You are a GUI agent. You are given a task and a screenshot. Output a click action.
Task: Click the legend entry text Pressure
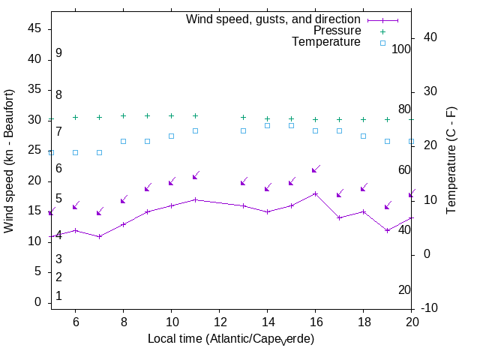pyautogui.click(x=337, y=31)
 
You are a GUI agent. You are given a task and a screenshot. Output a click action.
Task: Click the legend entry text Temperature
pyautogui.click(x=326, y=42)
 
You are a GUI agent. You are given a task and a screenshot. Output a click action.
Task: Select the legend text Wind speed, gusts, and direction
pyautogui.click(x=273, y=19)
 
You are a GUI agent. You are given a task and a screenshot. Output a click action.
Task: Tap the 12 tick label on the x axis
pyautogui.click(x=219, y=321)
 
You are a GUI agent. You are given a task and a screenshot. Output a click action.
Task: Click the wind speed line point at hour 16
pyautogui.click(x=316, y=193)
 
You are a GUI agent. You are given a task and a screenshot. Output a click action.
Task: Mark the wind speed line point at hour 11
pyautogui.click(x=196, y=199)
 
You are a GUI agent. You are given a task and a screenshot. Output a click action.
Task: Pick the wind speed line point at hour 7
pyautogui.click(x=100, y=236)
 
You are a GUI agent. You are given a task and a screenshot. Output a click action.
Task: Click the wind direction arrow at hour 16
pyautogui.click(x=316, y=169)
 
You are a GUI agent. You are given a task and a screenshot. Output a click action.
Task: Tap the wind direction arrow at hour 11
pyautogui.click(x=196, y=176)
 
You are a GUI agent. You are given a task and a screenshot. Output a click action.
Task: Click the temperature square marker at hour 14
pyautogui.click(x=268, y=125)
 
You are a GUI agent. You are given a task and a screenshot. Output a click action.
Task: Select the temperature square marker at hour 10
pyautogui.click(x=172, y=136)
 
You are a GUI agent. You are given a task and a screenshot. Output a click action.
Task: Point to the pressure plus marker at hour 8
pyautogui.click(x=124, y=116)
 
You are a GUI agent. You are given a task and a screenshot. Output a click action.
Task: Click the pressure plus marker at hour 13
pyautogui.click(x=244, y=117)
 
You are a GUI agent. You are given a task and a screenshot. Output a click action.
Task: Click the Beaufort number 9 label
pyautogui.click(x=58, y=53)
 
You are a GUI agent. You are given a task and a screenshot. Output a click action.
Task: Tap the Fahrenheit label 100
pyautogui.click(x=402, y=49)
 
